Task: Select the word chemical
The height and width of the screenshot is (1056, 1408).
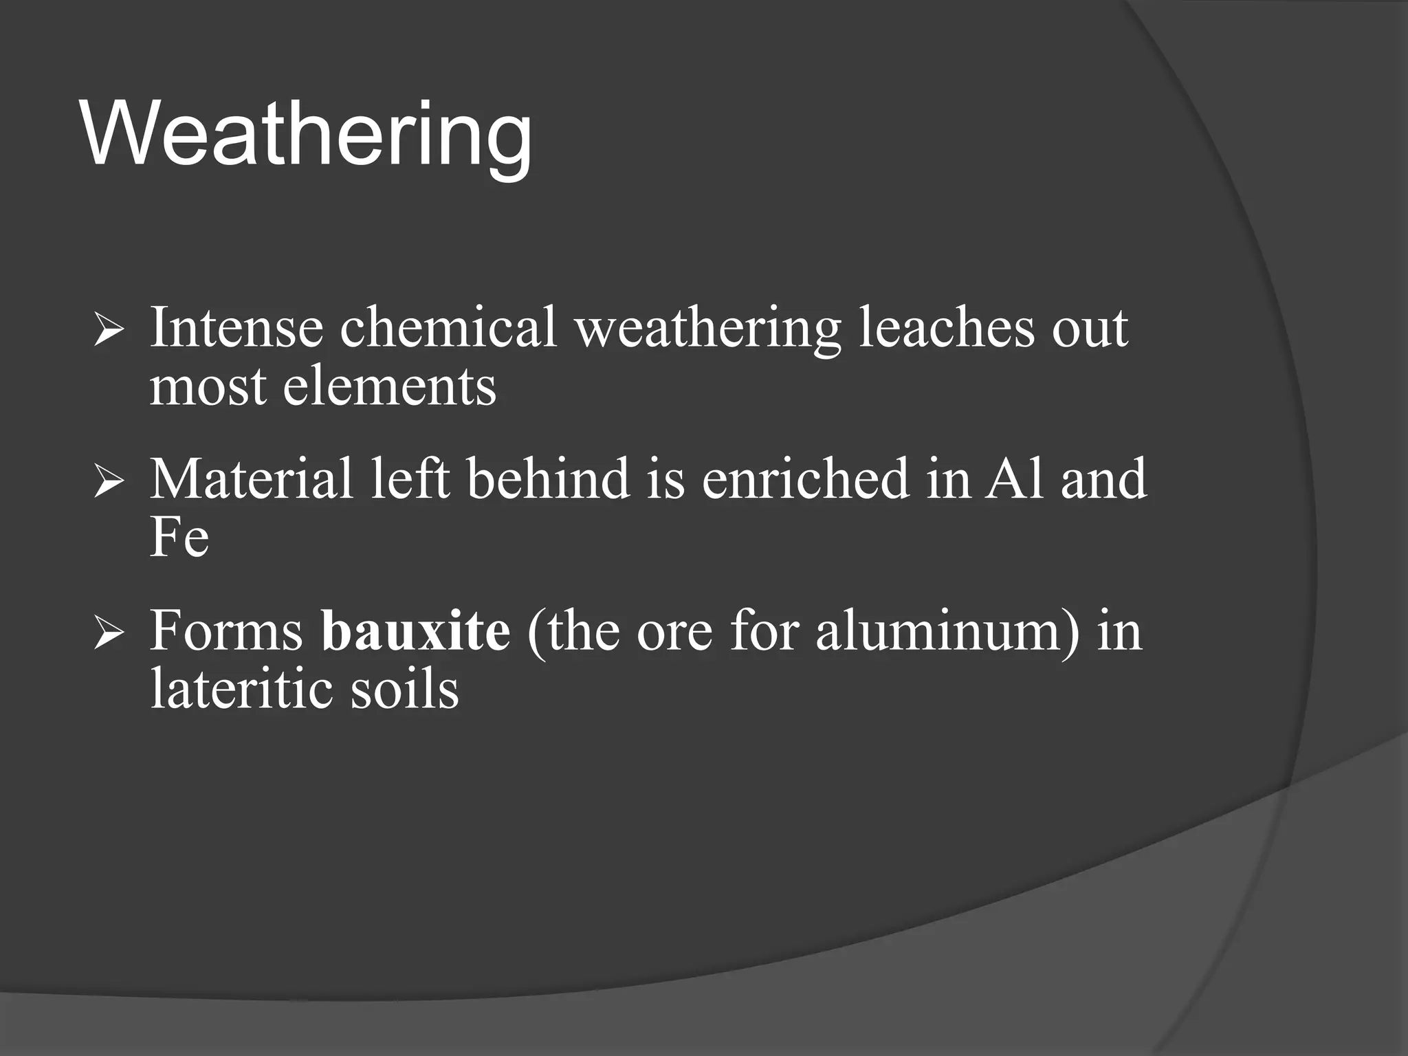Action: click(x=448, y=328)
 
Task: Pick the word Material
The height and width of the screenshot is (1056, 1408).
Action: click(x=252, y=479)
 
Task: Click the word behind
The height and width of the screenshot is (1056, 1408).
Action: click(x=549, y=479)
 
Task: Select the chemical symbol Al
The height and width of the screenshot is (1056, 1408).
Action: click(x=1013, y=479)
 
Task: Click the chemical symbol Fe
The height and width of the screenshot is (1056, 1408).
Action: click(x=179, y=538)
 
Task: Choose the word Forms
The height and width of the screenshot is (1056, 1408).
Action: click(x=226, y=630)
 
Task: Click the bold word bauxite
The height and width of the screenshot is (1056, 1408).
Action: click(x=416, y=630)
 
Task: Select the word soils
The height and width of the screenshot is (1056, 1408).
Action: click(x=404, y=689)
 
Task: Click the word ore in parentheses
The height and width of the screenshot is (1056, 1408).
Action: click(x=674, y=632)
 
